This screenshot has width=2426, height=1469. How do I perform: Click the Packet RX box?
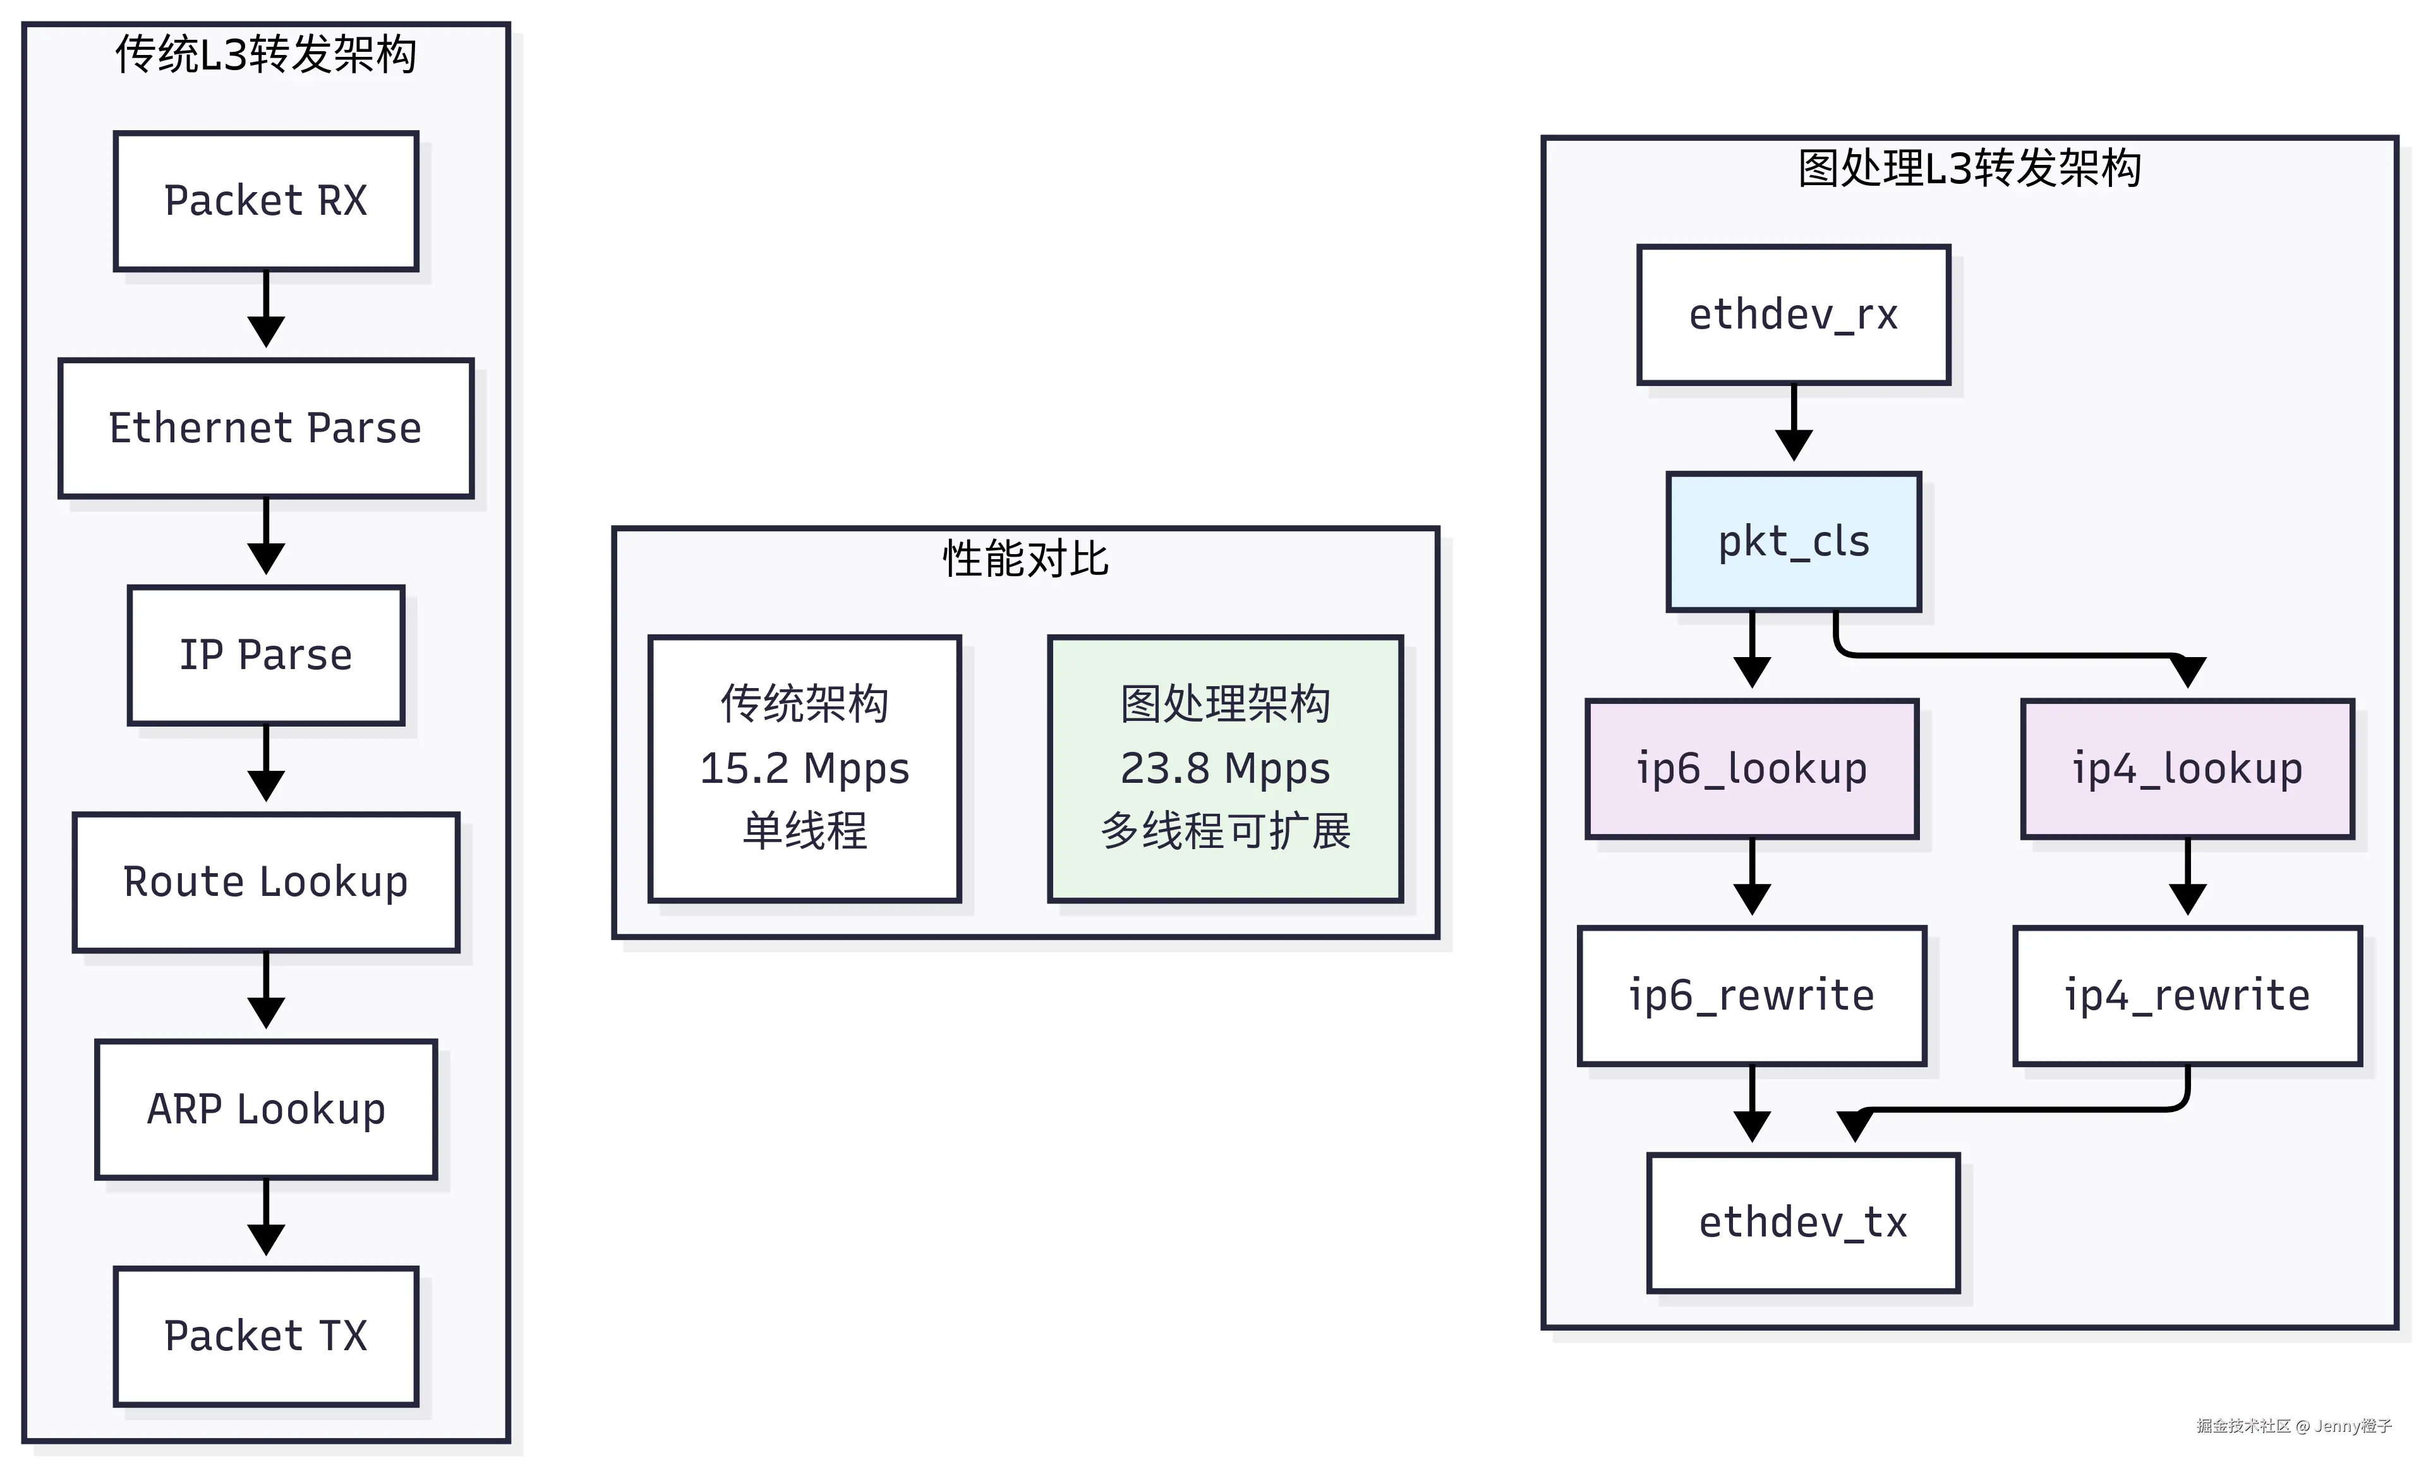pyautogui.click(x=266, y=201)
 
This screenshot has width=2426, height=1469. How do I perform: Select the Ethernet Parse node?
pyautogui.click(x=266, y=428)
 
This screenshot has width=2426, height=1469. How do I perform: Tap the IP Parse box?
pyautogui.click(x=266, y=655)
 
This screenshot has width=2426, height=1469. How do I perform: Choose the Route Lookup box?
pyautogui.click(x=266, y=881)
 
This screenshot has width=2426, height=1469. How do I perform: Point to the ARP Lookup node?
pyautogui.click(x=266, y=1109)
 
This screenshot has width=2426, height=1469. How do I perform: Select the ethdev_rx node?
pyautogui.click(x=1793, y=314)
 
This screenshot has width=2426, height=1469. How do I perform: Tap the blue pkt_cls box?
pyautogui.click(x=1793, y=541)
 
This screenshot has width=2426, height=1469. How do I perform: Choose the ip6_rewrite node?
pyautogui.click(x=1751, y=995)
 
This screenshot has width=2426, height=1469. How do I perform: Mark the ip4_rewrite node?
pyautogui.click(x=2187, y=995)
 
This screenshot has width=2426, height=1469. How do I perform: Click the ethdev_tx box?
pyautogui.click(x=1803, y=1222)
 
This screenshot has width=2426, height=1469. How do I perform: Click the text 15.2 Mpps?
pyautogui.click(x=804, y=768)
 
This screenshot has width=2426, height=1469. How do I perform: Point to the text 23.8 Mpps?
pyautogui.click(x=1225, y=768)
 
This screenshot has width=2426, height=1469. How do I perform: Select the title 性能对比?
pyautogui.click(x=1025, y=559)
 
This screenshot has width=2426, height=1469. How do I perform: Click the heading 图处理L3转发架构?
pyautogui.click(x=1969, y=167)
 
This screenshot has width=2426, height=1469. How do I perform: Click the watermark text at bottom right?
pyautogui.click(x=2293, y=1425)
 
